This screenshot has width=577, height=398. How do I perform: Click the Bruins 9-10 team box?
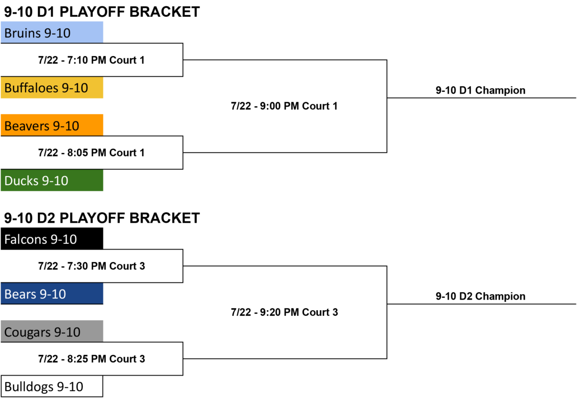[52, 32]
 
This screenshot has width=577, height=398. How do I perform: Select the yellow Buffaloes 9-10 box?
[52, 87]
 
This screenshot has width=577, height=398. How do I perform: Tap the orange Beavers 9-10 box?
[52, 125]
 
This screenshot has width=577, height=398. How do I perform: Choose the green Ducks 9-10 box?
[52, 180]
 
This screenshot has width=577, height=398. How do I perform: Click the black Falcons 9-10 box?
[52, 239]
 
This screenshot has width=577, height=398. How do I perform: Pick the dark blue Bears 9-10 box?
[52, 293]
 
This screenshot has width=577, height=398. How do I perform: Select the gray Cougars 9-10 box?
[52, 331]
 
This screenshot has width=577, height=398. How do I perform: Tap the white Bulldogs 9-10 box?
[52, 386]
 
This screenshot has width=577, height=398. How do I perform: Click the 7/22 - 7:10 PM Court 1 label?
[91, 60]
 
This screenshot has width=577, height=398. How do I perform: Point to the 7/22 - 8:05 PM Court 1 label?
[91, 153]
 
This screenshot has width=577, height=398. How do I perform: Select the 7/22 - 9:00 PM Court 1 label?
[284, 106]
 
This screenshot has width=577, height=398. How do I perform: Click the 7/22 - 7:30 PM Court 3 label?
[92, 266]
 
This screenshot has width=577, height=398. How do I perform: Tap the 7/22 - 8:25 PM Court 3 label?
[92, 359]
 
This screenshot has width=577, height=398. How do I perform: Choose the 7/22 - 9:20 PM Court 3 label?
[284, 313]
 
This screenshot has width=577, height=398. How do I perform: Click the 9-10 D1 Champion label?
[480, 90]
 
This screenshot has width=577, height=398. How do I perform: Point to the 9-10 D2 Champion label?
[480, 296]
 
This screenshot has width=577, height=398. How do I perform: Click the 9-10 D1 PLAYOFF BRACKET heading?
[102, 12]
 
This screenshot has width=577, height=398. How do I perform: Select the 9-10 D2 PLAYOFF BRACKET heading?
[102, 218]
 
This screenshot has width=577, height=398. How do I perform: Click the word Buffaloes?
[31, 88]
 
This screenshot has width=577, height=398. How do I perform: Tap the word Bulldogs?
[29, 386]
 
